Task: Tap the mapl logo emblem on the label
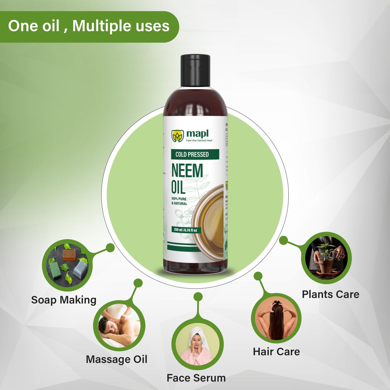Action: click(178, 136)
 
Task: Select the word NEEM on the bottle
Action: click(187, 171)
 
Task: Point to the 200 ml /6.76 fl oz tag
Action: click(185, 230)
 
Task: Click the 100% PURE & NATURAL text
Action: click(179, 201)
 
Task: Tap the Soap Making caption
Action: click(64, 300)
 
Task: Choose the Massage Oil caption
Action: click(117, 359)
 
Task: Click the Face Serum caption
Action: click(196, 378)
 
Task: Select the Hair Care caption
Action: click(276, 351)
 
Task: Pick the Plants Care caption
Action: click(331, 294)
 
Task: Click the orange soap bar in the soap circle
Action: click(69, 255)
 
